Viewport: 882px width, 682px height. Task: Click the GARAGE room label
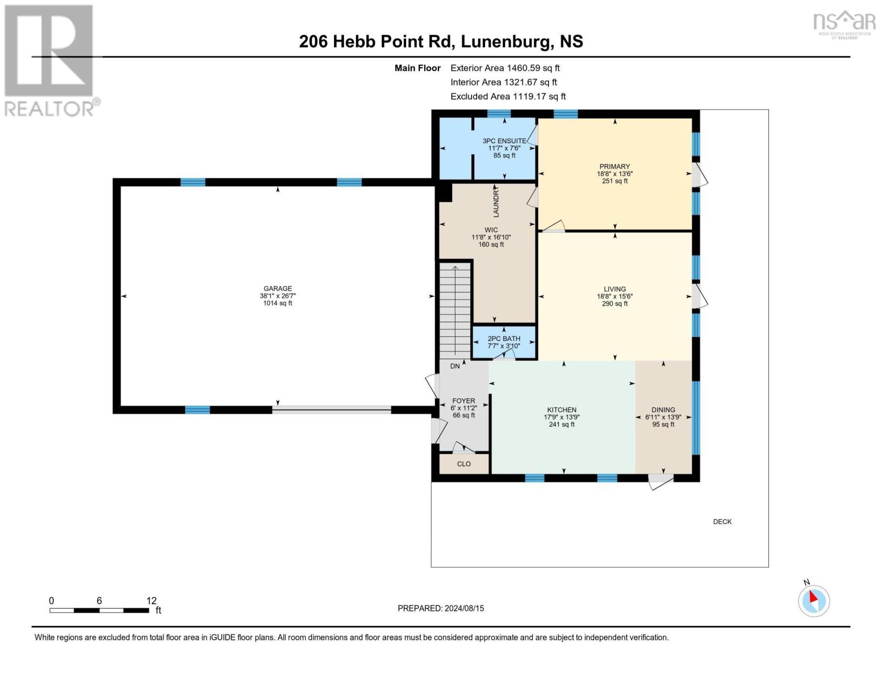(278, 288)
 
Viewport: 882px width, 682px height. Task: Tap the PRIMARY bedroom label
(615, 167)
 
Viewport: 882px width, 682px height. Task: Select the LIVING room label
(615, 289)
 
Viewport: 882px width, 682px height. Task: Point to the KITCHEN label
(561, 410)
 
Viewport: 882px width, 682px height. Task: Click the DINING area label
(663, 410)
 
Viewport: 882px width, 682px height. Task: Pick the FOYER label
(463, 401)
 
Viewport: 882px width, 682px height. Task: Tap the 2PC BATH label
(504, 339)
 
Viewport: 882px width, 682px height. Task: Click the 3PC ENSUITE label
(504, 141)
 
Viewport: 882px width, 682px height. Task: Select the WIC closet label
(491, 230)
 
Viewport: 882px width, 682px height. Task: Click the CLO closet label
(463, 464)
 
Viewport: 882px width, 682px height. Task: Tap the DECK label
(722, 522)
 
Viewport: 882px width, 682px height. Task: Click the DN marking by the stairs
(454, 366)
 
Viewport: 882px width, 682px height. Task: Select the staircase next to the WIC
(455, 310)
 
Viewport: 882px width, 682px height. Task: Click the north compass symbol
(813, 600)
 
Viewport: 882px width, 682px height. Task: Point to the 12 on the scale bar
(152, 600)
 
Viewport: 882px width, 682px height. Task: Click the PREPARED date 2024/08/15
(464, 608)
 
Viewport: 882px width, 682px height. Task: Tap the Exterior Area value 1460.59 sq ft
(533, 68)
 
